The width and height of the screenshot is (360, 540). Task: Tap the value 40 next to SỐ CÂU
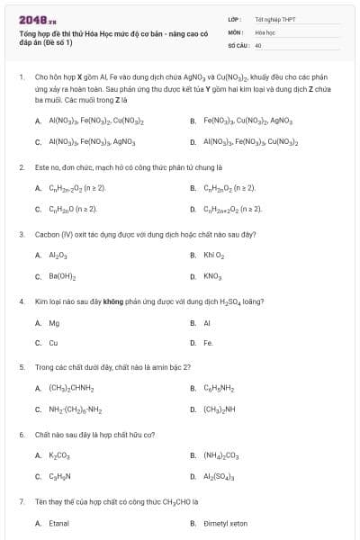[258, 44]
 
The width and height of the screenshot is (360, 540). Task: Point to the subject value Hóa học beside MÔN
[265, 31]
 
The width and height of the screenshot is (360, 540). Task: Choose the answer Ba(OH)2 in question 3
[62, 275]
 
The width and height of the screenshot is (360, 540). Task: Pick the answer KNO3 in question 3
[212, 275]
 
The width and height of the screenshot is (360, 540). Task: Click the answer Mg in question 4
[54, 322]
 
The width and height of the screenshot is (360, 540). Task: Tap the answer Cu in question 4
[53, 343]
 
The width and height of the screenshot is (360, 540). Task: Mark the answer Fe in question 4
[208, 343]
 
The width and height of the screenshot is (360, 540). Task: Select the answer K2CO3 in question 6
[59, 455]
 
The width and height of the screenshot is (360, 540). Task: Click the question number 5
[21, 367]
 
